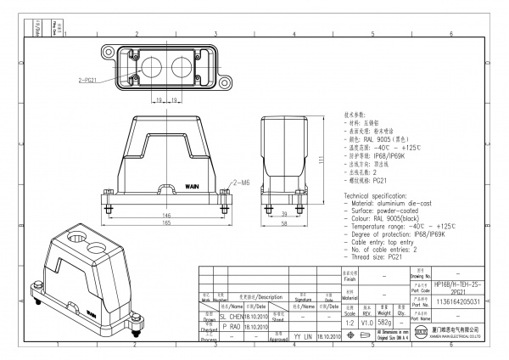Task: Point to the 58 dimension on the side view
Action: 285,223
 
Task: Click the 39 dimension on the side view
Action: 284,215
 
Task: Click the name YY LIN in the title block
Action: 302,336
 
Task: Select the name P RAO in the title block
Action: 230,325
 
